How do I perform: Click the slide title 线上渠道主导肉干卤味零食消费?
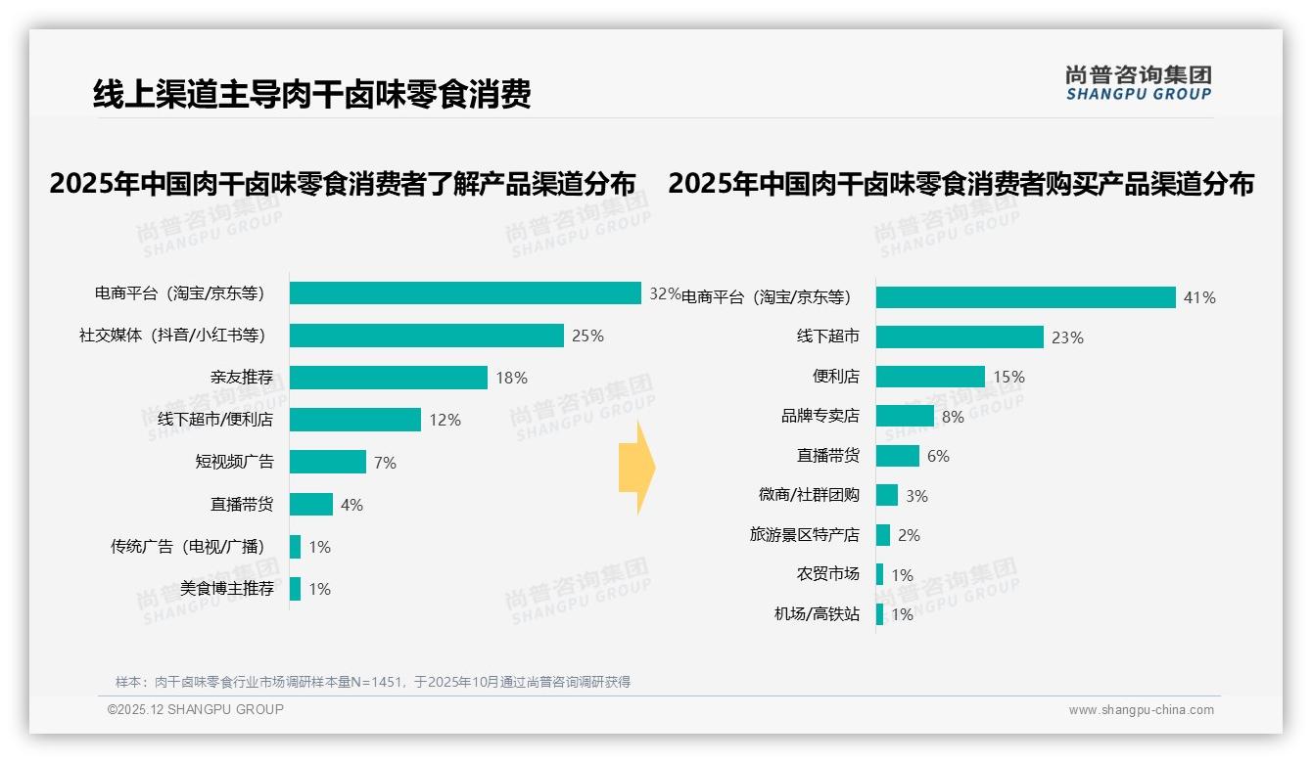[311, 95]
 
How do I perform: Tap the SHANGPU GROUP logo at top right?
[1138, 83]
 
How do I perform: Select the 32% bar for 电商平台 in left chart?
[465, 293]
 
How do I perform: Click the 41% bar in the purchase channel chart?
[1025, 297]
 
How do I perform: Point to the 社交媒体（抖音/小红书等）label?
[172, 336]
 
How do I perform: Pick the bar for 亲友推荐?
[389, 378]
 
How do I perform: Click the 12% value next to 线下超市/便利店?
[445, 420]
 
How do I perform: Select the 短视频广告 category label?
[234, 462]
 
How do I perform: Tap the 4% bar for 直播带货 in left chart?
[311, 505]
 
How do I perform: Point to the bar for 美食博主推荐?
[295, 589]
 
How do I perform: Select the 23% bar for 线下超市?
[960, 337]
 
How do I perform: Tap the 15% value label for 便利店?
[1008, 377]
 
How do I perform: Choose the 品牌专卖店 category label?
[820, 416]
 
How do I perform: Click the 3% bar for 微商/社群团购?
[887, 495]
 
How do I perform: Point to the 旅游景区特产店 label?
[804, 535]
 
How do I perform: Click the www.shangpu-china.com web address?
[1141, 710]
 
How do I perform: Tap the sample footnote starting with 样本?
[372, 682]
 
